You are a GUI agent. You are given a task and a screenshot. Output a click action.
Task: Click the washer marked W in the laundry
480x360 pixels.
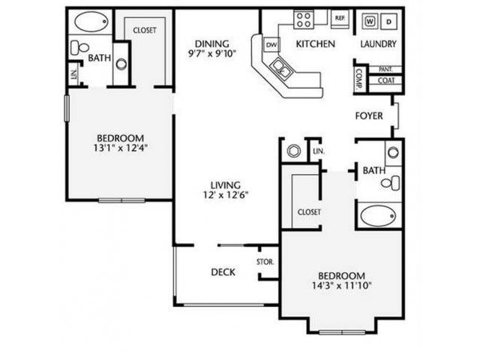[x=370, y=21]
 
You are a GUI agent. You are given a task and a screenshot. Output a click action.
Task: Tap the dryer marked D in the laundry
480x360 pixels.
[x=389, y=21]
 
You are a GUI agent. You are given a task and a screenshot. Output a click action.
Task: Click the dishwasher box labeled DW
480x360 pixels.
[x=271, y=45]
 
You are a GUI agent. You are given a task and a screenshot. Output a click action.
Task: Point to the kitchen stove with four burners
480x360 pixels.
[x=304, y=18]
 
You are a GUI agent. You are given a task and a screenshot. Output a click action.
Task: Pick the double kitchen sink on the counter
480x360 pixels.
[x=284, y=70]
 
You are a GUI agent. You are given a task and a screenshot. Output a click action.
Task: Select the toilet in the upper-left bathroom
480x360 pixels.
[x=76, y=47]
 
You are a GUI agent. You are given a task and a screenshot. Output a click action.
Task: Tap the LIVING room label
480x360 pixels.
[x=225, y=184]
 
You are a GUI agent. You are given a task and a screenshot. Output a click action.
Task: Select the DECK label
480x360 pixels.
[x=223, y=272]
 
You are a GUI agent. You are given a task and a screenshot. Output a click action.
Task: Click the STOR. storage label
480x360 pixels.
[x=265, y=262]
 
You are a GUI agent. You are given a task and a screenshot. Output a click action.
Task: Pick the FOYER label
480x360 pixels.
[x=370, y=116]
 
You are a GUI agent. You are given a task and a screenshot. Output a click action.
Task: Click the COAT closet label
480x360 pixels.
[x=386, y=80]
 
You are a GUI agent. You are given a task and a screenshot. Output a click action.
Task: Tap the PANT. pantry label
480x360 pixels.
[x=386, y=69]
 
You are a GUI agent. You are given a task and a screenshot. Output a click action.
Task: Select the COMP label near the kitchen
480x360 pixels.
[x=359, y=79]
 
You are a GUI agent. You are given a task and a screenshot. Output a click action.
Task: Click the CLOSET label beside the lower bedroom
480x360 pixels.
[x=309, y=212]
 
